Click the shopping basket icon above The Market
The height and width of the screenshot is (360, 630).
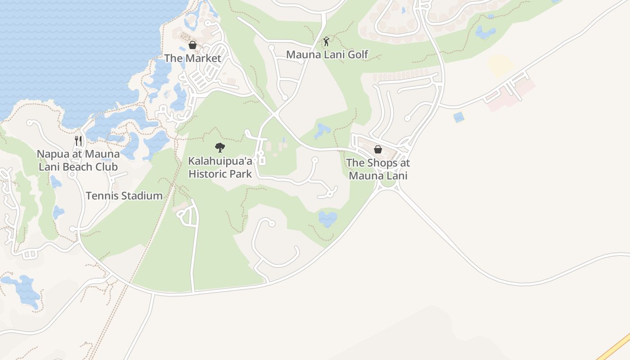click(193, 45)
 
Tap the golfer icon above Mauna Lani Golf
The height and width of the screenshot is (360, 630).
click(327, 42)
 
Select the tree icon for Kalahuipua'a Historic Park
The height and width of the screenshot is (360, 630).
click(220, 147)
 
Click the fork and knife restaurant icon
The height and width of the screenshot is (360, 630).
click(78, 140)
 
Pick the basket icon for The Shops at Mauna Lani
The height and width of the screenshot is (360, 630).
click(378, 149)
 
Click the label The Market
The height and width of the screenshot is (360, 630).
click(193, 58)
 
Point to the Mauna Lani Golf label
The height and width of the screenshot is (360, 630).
click(327, 54)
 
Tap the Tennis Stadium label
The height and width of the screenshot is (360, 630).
click(124, 196)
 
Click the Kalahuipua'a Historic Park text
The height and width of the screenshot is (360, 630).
click(220, 167)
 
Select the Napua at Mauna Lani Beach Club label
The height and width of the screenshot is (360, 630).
click(78, 160)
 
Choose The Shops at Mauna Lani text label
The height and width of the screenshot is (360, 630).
click(378, 169)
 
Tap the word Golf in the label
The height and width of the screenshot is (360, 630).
click(358, 54)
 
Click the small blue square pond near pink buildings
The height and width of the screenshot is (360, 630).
click(459, 117)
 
